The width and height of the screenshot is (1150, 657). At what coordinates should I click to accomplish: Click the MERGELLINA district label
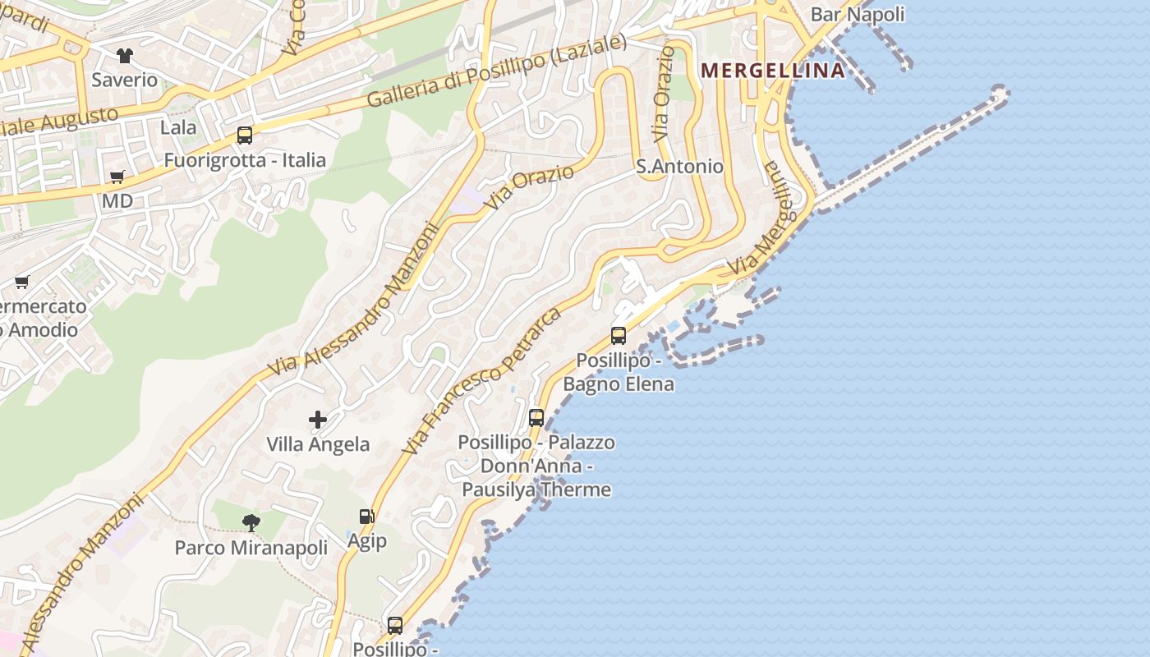click(773, 71)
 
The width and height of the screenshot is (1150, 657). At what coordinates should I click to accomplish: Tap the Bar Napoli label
click(857, 14)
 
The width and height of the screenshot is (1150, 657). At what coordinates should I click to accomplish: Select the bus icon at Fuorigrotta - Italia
click(245, 136)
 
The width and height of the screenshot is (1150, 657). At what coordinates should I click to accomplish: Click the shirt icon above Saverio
click(124, 56)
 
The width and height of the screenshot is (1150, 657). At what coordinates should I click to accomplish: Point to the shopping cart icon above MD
click(117, 177)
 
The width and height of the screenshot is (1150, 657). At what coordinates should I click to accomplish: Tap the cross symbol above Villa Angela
click(318, 420)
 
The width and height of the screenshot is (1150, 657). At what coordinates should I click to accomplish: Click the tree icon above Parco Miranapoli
click(251, 522)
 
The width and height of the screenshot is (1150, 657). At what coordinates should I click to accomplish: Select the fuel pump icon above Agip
click(366, 517)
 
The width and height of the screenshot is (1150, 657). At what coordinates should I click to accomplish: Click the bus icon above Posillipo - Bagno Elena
click(619, 335)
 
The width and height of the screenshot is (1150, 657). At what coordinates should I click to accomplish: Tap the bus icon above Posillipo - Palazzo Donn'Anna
click(536, 417)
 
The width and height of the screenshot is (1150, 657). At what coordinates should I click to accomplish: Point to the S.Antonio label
click(679, 167)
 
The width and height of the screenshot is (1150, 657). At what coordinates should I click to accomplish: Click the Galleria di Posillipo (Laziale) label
click(496, 71)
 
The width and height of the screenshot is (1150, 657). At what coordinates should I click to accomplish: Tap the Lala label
click(178, 127)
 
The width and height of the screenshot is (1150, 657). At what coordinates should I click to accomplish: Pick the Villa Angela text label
click(318, 444)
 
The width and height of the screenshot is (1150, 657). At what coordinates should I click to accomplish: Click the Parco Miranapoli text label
click(251, 547)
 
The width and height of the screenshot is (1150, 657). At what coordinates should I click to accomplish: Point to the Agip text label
click(366, 542)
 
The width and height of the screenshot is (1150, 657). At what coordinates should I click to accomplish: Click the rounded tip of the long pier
click(1000, 94)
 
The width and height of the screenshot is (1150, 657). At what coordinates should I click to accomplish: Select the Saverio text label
click(124, 80)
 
